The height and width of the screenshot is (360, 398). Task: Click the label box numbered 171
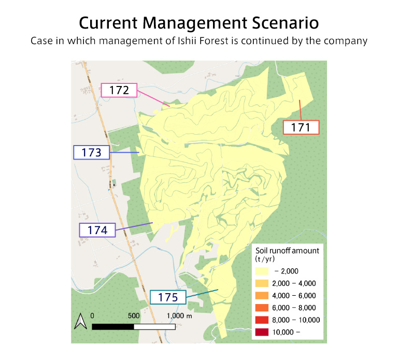click(301, 127)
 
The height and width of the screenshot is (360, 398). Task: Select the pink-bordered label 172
click(119, 90)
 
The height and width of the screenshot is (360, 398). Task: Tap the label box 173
click(91, 152)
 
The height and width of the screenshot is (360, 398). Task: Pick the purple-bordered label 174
click(97, 230)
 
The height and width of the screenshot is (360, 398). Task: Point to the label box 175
click(168, 297)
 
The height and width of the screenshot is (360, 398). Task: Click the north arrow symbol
click(80, 322)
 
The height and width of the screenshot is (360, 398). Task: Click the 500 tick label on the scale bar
click(134, 315)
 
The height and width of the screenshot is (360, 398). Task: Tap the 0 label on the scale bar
click(92, 315)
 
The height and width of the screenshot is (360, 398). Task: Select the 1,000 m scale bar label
click(179, 315)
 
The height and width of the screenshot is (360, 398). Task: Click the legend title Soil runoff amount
click(287, 251)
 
